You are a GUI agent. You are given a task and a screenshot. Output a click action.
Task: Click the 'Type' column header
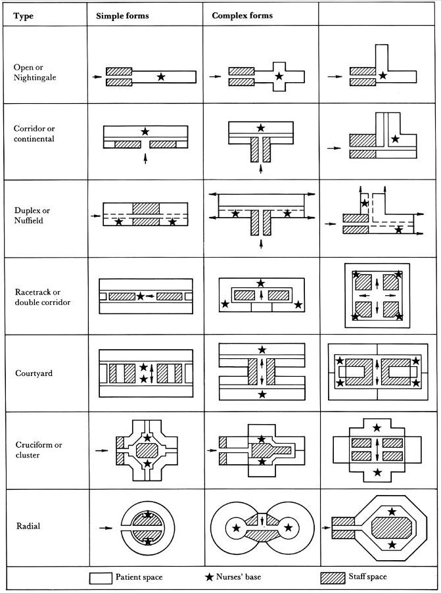tap(24, 16)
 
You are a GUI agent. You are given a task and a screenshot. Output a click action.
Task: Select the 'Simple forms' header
tap(122, 16)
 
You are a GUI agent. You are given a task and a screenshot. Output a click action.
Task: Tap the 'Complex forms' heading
tap(242, 16)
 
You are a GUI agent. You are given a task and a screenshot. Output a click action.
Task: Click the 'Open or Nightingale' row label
tap(35, 72)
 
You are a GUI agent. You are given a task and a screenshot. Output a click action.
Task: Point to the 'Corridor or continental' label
tap(34, 133)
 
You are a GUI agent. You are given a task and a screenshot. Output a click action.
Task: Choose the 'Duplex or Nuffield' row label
tap(32, 215)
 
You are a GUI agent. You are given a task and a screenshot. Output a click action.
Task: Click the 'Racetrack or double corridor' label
tap(43, 297)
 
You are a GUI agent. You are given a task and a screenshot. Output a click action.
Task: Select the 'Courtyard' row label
tap(34, 373)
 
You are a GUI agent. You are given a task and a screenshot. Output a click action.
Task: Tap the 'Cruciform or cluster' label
tap(39, 450)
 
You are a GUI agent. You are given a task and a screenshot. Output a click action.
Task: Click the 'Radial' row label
tap(28, 526)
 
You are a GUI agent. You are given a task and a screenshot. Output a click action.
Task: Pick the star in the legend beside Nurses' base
tap(209, 577)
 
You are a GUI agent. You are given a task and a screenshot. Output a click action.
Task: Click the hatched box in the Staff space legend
tap(333, 578)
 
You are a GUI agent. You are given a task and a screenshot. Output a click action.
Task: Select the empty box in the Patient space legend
tap(101, 578)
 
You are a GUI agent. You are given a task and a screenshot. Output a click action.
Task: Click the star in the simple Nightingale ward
tap(161, 77)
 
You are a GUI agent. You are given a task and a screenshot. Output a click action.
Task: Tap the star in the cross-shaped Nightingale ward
tap(279, 76)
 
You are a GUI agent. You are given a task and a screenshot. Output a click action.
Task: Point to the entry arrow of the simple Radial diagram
tap(106, 527)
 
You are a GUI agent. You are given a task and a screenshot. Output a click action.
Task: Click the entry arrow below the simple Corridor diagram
tap(146, 158)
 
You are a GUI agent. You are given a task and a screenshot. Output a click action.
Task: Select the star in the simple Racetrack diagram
tap(141, 296)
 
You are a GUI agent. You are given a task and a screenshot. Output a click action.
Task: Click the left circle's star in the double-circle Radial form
tap(237, 527)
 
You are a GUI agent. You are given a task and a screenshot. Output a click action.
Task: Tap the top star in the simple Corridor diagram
tap(145, 131)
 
